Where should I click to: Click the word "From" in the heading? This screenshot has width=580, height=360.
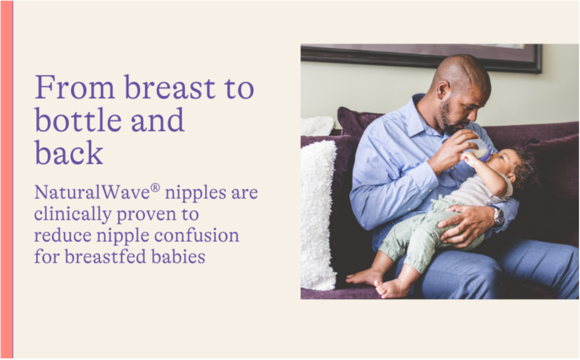tap(75, 87)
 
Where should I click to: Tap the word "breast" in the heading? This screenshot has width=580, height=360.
tap(170, 87)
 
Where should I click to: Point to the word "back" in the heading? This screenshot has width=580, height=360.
tap(69, 152)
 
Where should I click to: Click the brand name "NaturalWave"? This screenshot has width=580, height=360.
tap(92, 192)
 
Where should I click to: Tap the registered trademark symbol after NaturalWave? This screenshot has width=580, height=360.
tap(155, 188)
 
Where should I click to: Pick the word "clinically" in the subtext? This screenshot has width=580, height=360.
tap(73, 215)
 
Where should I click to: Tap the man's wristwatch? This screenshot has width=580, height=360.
tap(498, 216)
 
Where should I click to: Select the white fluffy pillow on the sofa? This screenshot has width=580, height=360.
tap(318, 215)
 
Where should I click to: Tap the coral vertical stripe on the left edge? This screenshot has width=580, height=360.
tap(7, 180)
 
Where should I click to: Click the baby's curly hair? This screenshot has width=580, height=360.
tap(523, 169)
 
